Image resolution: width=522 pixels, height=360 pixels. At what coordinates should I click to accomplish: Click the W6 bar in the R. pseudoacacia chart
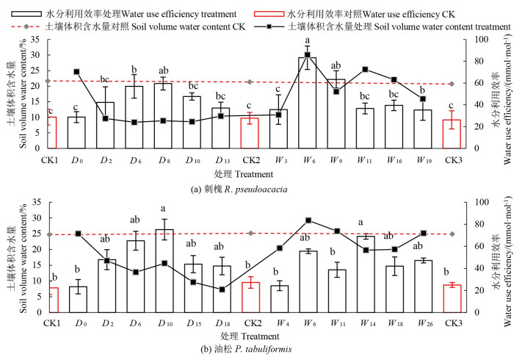(x=308, y=103)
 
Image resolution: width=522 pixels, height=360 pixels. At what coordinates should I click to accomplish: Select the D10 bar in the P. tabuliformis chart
(x=165, y=271)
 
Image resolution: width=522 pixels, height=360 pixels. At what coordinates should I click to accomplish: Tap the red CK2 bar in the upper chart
(x=250, y=133)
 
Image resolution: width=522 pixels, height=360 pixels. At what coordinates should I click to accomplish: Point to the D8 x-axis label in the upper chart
(x=165, y=159)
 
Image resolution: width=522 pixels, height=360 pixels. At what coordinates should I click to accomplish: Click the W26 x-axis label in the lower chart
(x=424, y=323)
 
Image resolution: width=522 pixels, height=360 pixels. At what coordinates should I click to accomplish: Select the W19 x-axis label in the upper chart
(x=424, y=159)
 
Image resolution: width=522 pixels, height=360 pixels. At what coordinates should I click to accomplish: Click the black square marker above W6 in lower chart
(x=308, y=220)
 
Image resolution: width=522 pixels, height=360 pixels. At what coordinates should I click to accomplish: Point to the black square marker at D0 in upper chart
(x=76, y=72)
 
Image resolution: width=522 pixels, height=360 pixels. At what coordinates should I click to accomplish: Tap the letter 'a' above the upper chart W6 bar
(x=308, y=41)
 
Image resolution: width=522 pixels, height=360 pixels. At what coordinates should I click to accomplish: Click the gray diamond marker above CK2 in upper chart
(x=250, y=82)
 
